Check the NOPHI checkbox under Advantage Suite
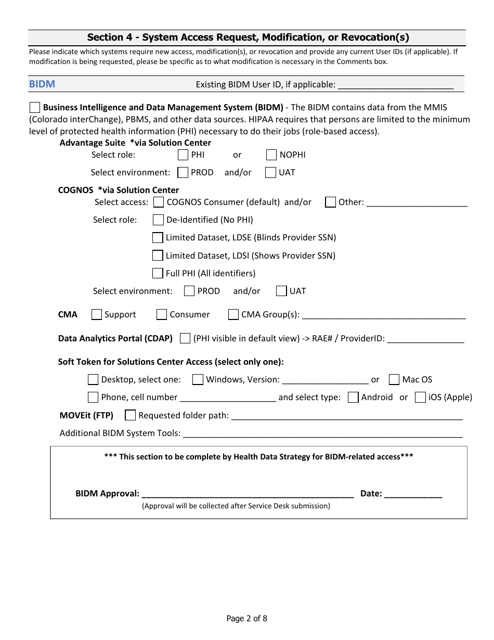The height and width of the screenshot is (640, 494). [271, 155]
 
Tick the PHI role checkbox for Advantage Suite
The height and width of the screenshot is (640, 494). [183, 155]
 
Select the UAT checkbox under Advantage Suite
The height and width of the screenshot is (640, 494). [270, 172]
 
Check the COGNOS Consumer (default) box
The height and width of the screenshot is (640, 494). [158, 202]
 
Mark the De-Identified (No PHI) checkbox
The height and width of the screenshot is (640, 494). [158, 220]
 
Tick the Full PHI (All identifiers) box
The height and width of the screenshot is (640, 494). [158, 273]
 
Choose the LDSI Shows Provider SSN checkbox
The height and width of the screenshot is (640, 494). [158, 255]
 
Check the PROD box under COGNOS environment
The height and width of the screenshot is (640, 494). [189, 291]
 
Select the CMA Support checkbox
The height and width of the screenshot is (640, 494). [97, 314]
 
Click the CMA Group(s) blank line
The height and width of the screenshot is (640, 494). [384, 315]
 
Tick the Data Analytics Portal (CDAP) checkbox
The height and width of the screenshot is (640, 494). [185, 338]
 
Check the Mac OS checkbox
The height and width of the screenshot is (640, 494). [394, 379]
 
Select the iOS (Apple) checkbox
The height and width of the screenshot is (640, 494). [420, 397]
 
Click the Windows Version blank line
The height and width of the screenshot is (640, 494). [325, 380]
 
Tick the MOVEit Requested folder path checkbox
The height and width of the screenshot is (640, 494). [131, 415]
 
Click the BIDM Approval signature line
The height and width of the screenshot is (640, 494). [248, 494]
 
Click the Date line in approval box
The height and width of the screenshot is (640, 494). [413, 494]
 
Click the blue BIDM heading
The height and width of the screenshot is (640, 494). [42, 84]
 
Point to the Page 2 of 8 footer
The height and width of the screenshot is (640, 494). [247, 619]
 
